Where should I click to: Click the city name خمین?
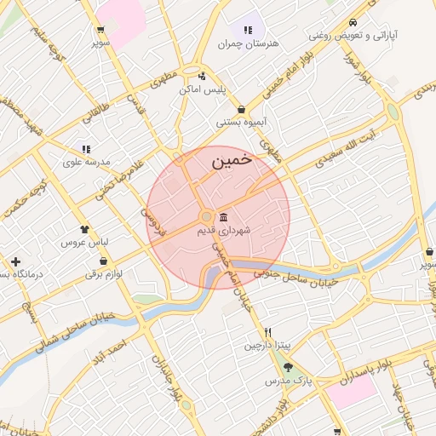[232, 159]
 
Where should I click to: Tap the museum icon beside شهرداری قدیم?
[223, 216]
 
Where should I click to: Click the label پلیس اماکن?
[202, 89]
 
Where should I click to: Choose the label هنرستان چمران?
[249, 43]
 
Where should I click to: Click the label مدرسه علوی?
[86, 161]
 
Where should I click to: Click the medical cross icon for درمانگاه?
[15, 261]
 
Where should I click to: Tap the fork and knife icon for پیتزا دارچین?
[267, 332]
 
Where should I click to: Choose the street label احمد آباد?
[113, 350]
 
